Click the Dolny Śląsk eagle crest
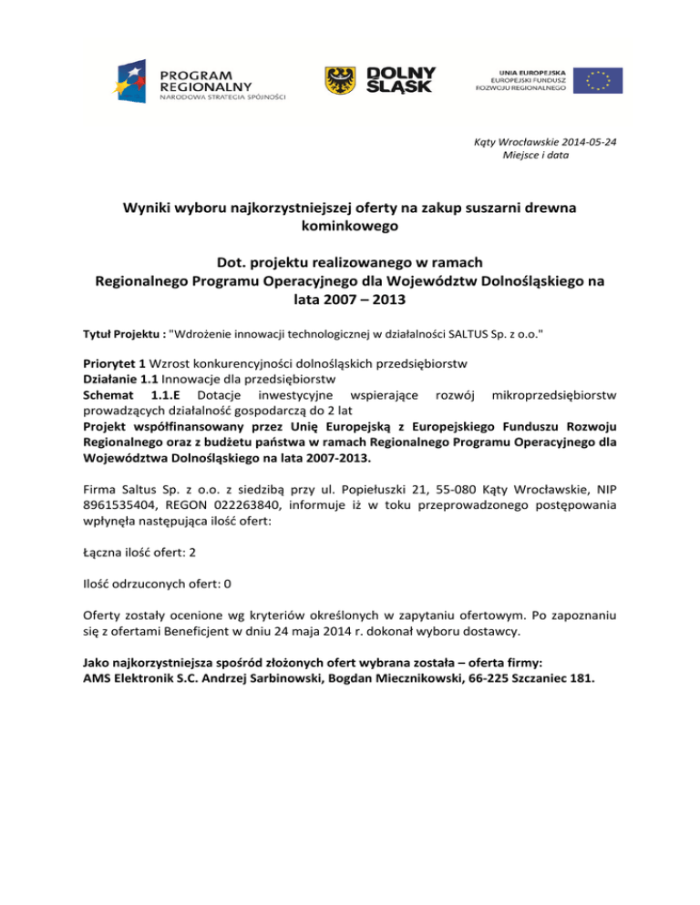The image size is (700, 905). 341,81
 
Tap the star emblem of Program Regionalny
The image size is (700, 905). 133,79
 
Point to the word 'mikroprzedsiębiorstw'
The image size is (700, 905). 553,394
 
